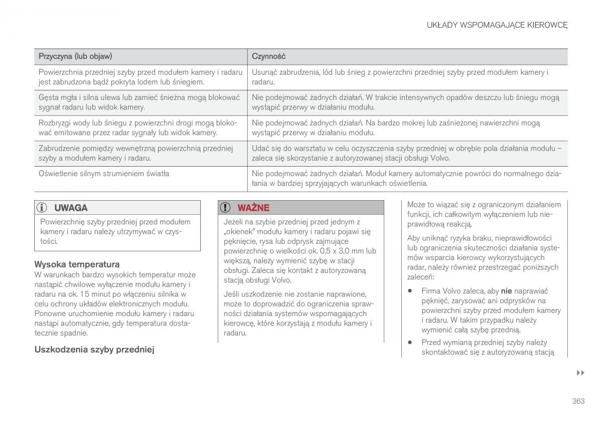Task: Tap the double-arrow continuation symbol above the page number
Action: point(580,373)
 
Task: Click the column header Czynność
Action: point(268,56)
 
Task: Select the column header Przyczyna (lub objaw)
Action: point(75,56)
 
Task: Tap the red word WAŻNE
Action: point(253,208)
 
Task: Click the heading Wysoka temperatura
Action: point(77,264)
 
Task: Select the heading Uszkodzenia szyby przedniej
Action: point(94,350)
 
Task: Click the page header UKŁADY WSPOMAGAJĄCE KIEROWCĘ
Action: point(497,25)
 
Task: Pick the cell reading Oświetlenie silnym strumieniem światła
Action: point(104,174)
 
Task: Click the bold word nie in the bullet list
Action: point(506,291)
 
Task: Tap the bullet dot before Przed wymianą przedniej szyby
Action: point(410,343)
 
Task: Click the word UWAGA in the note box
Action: point(71,208)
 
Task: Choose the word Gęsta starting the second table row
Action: point(49,97)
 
